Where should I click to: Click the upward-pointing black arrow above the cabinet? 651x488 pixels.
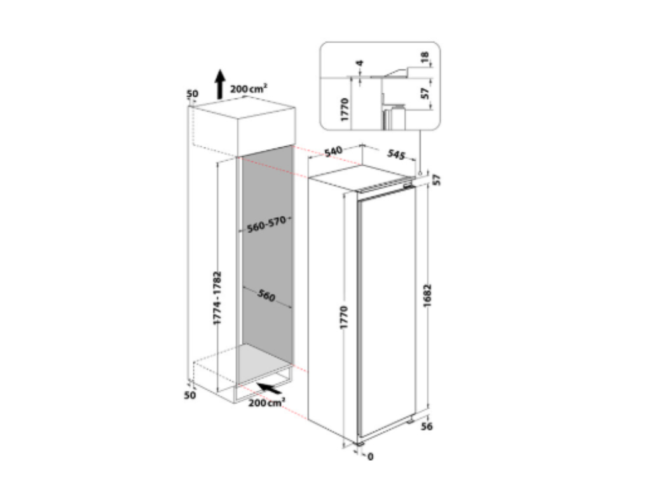tap(220, 85)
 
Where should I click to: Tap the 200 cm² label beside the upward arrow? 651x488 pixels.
tap(249, 88)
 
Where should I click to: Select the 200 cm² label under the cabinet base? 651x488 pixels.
tap(266, 402)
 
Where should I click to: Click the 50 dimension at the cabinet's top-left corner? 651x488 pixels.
tap(192, 94)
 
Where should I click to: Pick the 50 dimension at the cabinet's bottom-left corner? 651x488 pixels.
tap(189, 395)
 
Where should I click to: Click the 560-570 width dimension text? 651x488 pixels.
tap(266, 224)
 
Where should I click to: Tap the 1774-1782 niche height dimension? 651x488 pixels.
tap(217, 298)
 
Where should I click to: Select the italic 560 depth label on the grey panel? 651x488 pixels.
tap(266, 295)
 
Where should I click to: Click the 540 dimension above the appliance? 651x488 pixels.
tap(333, 151)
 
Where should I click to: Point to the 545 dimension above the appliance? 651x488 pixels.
tap(396, 154)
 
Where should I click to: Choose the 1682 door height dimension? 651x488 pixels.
tap(428, 296)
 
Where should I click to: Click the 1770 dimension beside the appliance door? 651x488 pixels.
tap(344, 318)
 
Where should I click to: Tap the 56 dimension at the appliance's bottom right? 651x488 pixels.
tap(427, 426)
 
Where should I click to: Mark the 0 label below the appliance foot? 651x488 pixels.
tap(371, 457)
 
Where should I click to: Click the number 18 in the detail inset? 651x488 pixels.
tap(424, 57)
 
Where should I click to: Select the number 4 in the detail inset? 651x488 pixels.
tap(360, 63)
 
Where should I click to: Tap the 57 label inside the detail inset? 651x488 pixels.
tap(425, 93)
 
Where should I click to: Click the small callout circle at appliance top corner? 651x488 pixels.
tap(420, 173)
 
